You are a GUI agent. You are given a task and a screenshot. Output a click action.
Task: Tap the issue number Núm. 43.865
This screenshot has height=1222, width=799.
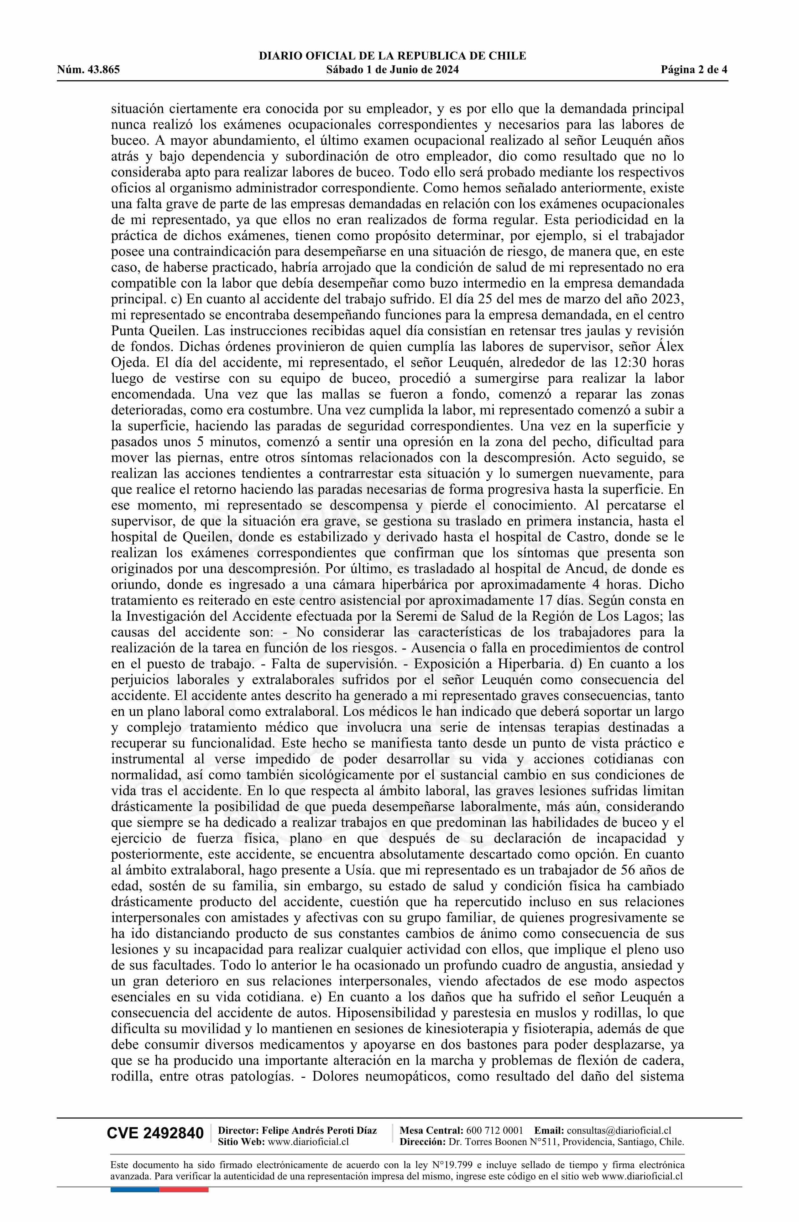(x=88, y=70)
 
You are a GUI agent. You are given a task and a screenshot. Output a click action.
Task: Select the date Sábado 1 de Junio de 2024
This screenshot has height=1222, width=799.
(x=392, y=70)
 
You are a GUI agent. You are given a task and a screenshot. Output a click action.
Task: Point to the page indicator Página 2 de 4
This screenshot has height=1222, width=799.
(x=694, y=70)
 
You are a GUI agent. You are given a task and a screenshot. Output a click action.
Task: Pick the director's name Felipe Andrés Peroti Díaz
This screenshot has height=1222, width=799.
(x=319, y=1130)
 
